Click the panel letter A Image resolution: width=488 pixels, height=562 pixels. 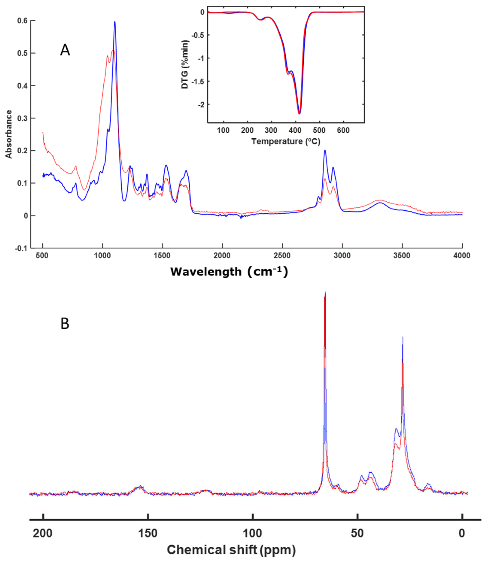65,51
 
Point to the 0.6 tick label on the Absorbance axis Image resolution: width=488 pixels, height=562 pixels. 22,21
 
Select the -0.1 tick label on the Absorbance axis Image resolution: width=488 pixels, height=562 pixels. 21,248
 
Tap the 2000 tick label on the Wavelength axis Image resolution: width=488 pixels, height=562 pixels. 222,256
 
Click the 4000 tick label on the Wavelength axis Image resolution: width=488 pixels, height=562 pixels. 462,256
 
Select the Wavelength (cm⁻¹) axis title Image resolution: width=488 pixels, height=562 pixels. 229,272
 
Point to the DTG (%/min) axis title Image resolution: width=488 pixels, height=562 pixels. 185,65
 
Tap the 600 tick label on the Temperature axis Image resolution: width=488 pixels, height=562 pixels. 343,131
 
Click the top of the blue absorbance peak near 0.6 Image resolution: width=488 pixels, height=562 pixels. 115,22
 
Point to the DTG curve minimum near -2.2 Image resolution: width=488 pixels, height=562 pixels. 299,113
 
